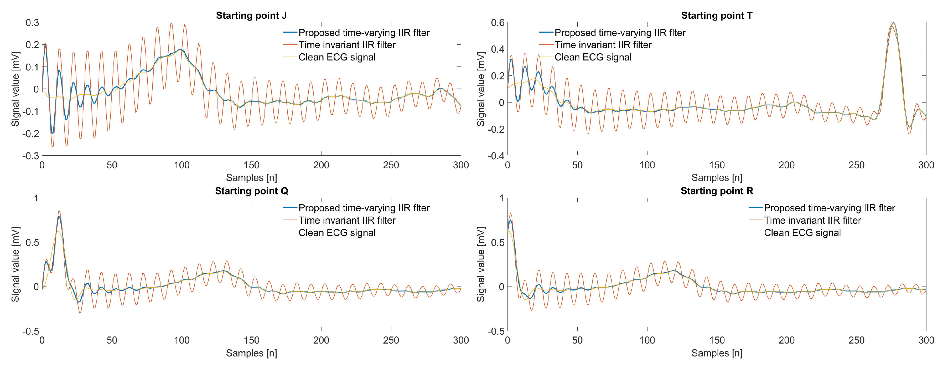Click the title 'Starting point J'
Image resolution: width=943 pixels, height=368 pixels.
point(251,16)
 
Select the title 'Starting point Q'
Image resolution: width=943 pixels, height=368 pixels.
point(251,191)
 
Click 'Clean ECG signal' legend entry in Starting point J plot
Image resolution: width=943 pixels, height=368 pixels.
point(337,57)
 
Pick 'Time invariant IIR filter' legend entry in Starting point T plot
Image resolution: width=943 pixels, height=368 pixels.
point(603,45)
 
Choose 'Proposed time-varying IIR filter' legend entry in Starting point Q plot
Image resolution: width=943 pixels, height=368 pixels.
point(364,208)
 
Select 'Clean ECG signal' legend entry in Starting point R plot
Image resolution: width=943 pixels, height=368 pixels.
point(802,233)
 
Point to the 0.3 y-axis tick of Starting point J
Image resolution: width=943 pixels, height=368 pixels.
point(32,23)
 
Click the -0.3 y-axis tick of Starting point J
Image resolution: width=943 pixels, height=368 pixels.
point(31,156)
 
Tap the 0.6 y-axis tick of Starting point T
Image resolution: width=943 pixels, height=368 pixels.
point(498,23)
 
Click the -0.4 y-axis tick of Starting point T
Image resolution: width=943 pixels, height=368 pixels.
point(496,156)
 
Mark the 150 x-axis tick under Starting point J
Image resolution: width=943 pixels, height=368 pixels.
point(251,165)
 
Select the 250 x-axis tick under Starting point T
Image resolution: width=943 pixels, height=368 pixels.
point(856,165)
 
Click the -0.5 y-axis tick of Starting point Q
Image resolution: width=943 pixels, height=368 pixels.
point(31,331)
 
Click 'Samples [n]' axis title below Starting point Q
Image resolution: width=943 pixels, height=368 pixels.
point(251,353)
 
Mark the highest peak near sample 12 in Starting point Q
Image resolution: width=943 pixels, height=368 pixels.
point(59,212)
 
